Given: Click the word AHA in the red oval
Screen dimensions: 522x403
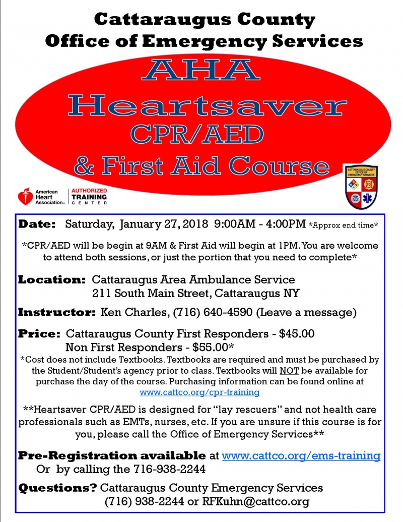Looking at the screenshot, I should [x=201, y=70].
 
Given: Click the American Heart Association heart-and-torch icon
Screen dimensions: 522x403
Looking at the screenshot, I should [x=24, y=196].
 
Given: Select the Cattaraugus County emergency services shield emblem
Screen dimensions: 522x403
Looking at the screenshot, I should [x=360, y=187].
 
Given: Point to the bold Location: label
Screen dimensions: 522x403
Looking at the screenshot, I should [x=52, y=279].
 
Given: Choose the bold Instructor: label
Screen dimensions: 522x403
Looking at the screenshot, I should [x=56, y=312].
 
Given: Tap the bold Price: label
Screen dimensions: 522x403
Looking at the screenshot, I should [x=39, y=334].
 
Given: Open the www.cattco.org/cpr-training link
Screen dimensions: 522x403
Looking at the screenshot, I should [x=200, y=392].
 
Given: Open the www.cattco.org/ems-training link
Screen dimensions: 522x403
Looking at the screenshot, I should [x=301, y=455].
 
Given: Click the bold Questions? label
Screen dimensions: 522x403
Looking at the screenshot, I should [x=57, y=488].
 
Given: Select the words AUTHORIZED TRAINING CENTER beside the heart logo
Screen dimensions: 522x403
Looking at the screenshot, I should [x=89, y=196].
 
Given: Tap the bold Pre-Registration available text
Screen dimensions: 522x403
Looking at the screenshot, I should [x=112, y=455].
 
